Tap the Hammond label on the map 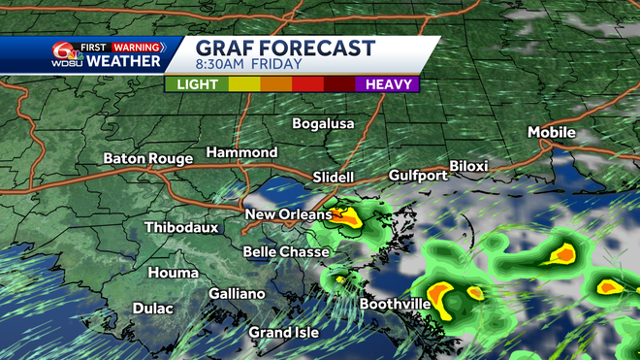(x=241, y=153)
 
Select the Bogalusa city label (x=323, y=124)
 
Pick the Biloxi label (x=468, y=166)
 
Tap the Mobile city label (x=552, y=132)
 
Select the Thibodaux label (x=181, y=228)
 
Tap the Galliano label (x=237, y=294)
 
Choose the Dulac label (x=152, y=309)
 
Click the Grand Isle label (x=283, y=333)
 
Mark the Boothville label (x=395, y=304)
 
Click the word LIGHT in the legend (x=197, y=84)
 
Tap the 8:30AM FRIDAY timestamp (x=247, y=66)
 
